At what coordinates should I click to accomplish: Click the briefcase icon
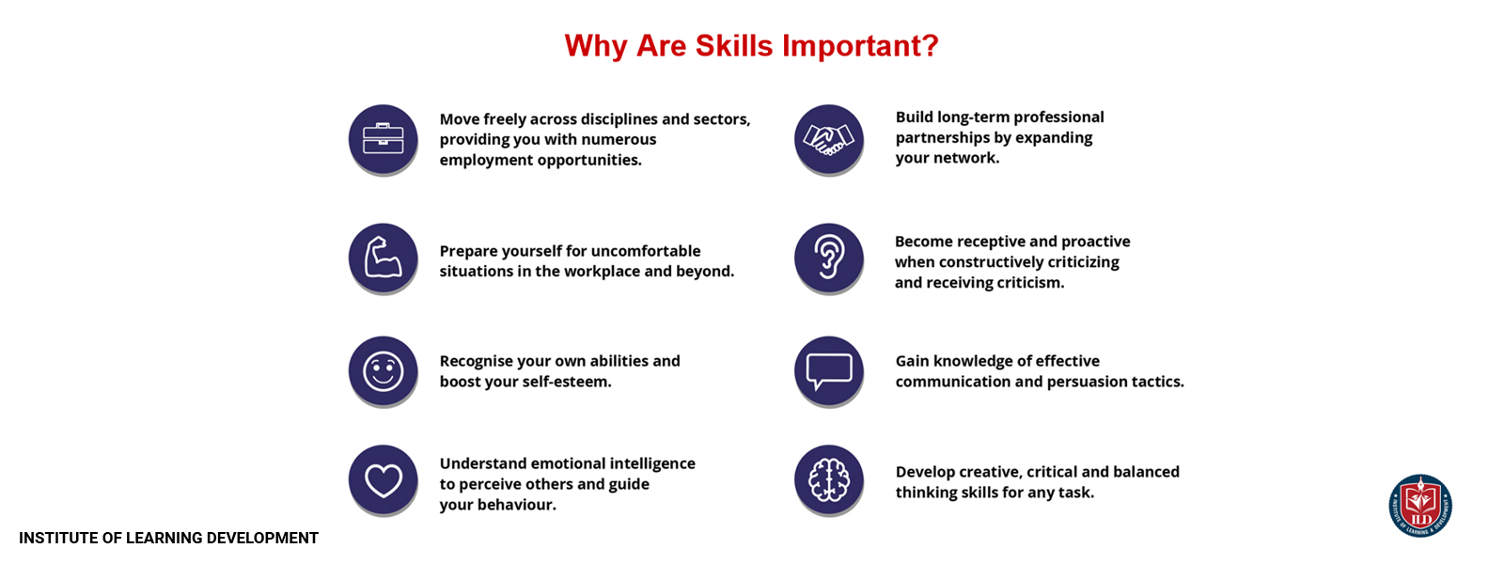(383, 139)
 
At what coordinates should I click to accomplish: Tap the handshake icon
(828, 139)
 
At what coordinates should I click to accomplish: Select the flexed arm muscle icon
(383, 258)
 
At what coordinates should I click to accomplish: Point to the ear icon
(828, 257)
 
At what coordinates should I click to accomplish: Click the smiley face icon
(383, 371)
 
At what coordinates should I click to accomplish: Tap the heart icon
(383, 480)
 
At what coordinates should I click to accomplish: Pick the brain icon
(828, 480)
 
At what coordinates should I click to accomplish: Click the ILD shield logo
(1420, 506)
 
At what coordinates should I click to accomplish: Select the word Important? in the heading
(860, 46)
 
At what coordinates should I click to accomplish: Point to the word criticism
(1030, 283)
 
